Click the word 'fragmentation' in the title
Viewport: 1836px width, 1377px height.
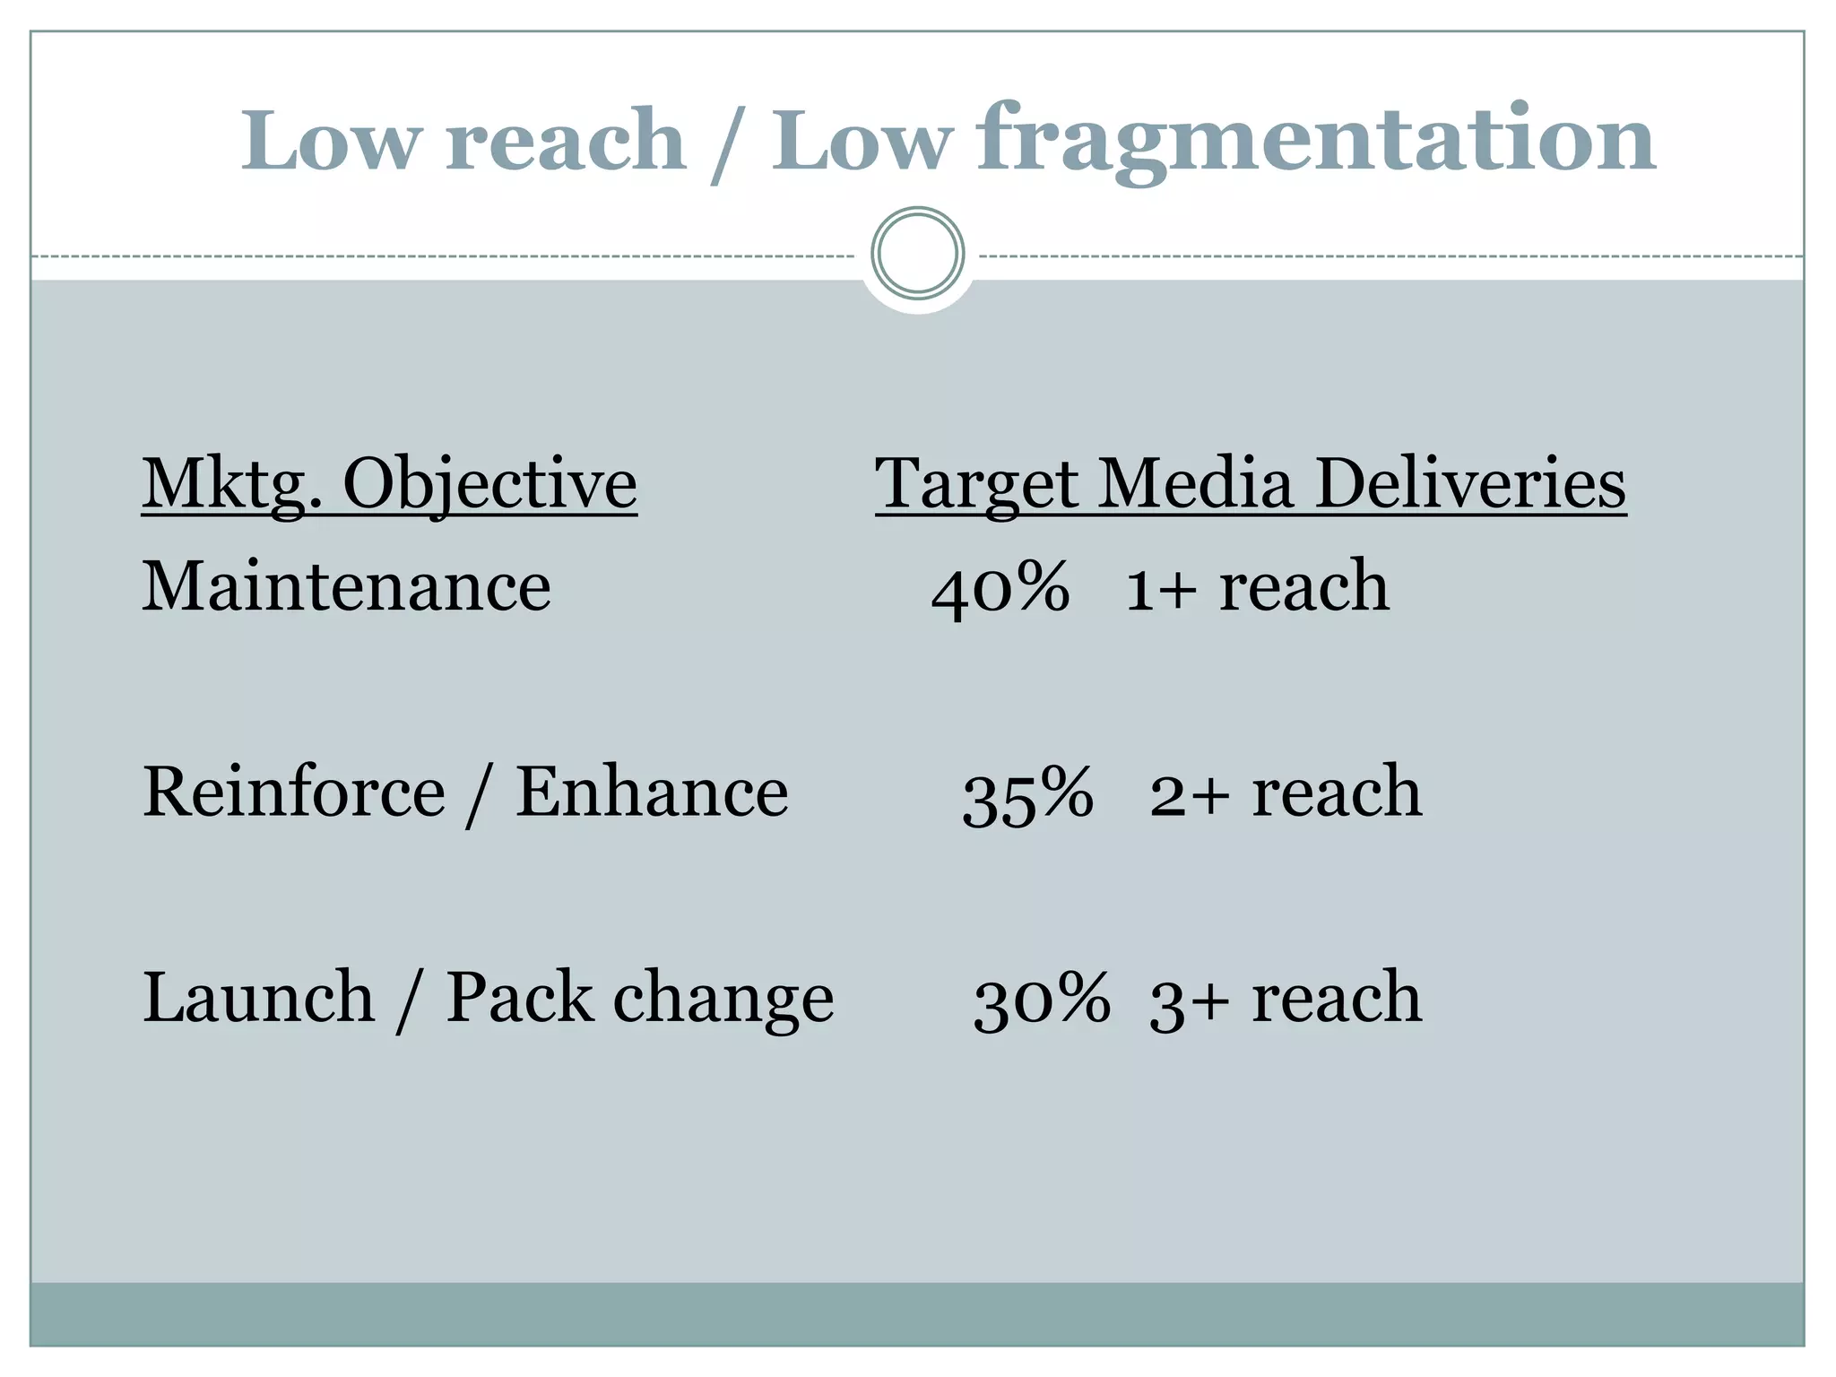pos(1316,142)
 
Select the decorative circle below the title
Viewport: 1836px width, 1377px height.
pos(917,253)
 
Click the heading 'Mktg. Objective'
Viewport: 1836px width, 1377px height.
pos(389,484)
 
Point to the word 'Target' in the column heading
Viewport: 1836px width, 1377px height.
pos(975,484)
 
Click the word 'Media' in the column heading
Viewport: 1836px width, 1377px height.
pos(1197,484)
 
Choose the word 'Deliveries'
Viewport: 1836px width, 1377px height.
pos(1470,484)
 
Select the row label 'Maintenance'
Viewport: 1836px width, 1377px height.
pos(346,587)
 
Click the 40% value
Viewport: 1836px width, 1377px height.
pos(1000,589)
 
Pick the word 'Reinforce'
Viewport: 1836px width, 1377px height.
pos(293,792)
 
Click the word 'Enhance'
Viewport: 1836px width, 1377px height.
pos(652,792)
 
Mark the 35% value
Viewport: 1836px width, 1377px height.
pos(1027,795)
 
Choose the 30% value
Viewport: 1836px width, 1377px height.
pos(1042,1000)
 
